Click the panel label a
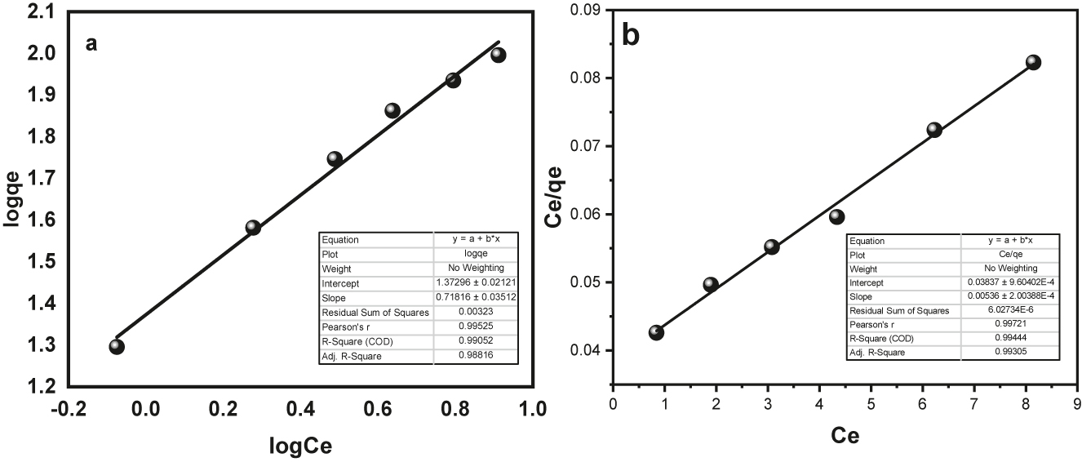click(x=92, y=43)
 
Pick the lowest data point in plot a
click(x=117, y=346)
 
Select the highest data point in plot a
click(x=499, y=55)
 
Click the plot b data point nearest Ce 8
click(x=1033, y=62)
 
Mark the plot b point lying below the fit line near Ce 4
click(x=836, y=216)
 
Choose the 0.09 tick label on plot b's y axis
click(x=586, y=10)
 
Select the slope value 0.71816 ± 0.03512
click(x=474, y=297)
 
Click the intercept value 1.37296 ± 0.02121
click(x=474, y=282)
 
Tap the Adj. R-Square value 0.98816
click(x=474, y=356)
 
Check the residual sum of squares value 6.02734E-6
click(x=1009, y=310)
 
